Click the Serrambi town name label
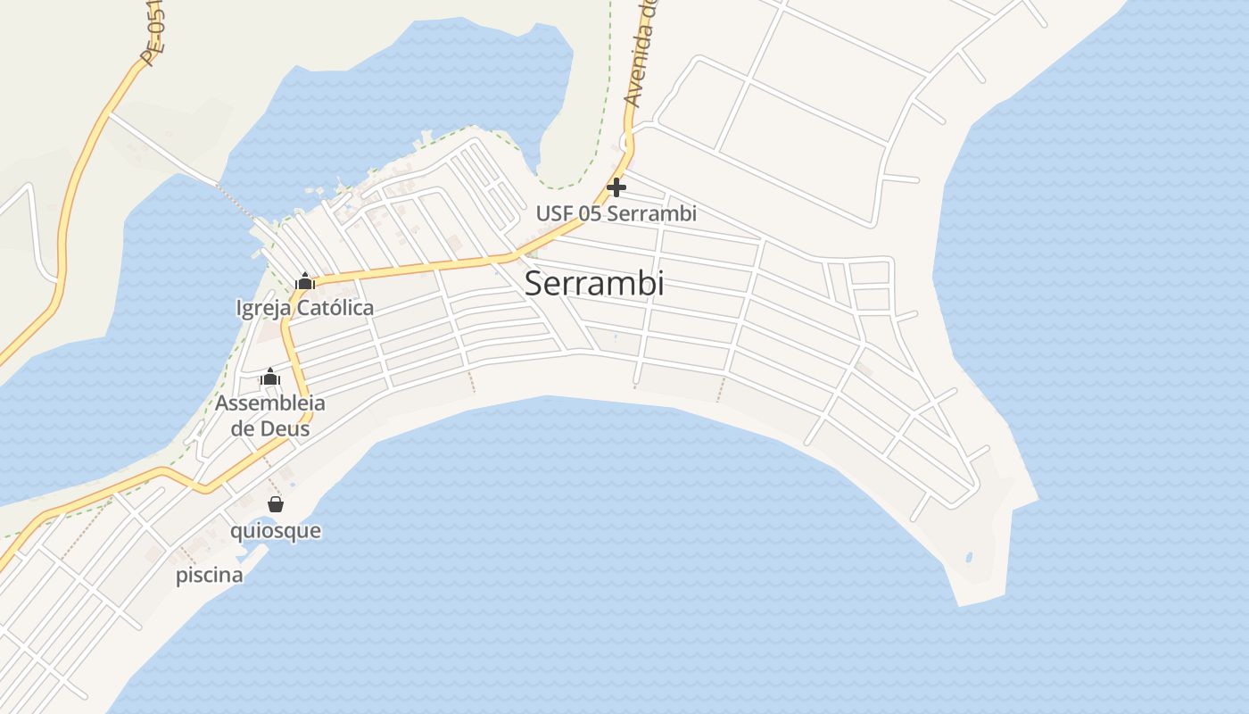594,283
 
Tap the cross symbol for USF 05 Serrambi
616,187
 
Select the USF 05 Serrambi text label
616,214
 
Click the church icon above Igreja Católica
305,281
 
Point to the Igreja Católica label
305,308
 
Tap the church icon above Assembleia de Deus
270,377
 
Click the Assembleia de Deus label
270,416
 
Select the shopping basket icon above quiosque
276,504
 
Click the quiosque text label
276,531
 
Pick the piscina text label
209,575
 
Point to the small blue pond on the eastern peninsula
969,559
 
